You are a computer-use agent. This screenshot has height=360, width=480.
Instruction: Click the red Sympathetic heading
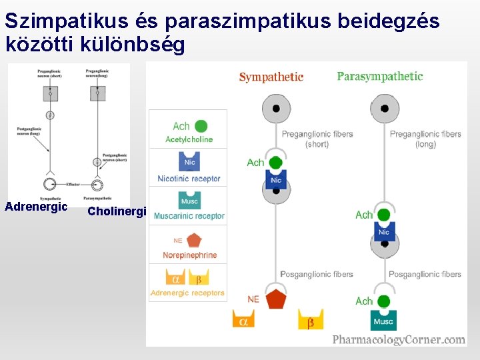coord(271,77)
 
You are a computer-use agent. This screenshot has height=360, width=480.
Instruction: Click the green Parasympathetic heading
coord(379,77)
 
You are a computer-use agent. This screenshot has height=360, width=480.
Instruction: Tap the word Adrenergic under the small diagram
coord(36,207)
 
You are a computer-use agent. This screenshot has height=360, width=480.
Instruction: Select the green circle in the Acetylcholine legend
coord(201,126)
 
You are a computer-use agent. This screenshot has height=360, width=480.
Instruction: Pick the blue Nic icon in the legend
coord(189,162)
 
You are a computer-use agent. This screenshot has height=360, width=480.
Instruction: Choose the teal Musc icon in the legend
coord(189,201)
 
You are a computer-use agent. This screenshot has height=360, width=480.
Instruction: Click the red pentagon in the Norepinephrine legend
coord(194,240)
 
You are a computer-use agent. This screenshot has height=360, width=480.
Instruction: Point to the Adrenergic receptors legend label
coord(187,293)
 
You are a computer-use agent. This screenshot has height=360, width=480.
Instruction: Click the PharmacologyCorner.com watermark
coord(399,339)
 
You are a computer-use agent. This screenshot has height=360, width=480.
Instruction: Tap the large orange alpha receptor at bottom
coord(243,320)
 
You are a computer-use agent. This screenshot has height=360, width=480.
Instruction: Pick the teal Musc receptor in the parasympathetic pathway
coord(383,320)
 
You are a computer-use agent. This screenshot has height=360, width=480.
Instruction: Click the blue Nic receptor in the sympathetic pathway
coord(275,179)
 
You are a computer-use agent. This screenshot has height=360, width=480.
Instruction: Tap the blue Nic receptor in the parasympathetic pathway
coord(383,231)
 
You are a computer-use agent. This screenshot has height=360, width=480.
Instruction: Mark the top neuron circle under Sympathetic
coord(275,109)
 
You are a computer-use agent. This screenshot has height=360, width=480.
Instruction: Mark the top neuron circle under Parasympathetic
coord(384,109)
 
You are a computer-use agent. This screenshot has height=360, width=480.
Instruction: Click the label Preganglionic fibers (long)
coord(425,139)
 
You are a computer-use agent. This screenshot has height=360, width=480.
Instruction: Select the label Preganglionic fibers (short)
coord(317,139)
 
